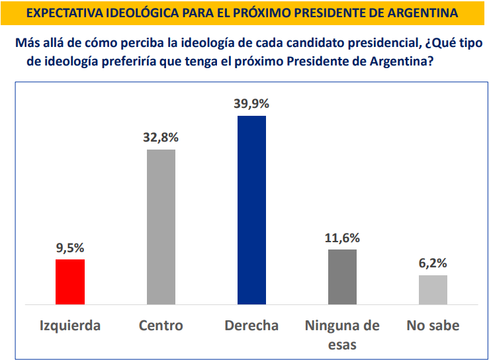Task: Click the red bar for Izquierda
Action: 70,281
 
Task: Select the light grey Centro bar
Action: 161,226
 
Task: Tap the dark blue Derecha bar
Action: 251,210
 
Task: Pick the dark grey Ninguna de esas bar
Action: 342,277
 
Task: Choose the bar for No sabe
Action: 433,289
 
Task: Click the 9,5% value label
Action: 70,248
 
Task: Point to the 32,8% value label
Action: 161,138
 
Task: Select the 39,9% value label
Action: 251,104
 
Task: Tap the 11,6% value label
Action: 342,238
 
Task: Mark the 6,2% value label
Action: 433,263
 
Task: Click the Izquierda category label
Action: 70,326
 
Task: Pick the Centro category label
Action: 161,326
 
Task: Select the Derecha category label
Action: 251,326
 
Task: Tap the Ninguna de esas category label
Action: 342,334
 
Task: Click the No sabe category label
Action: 433,326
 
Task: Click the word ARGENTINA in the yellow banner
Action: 423,13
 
